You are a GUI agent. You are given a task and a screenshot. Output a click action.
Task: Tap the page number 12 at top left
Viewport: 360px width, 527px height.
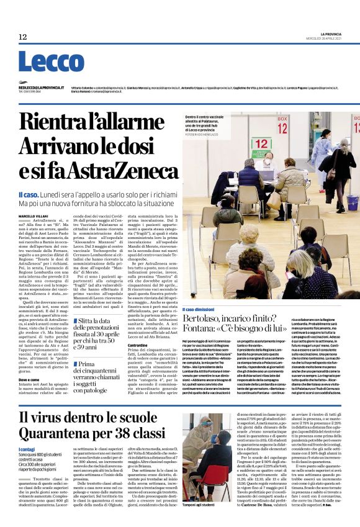pos(23,37)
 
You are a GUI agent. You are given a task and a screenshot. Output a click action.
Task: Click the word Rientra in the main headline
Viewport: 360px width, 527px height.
pos(52,122)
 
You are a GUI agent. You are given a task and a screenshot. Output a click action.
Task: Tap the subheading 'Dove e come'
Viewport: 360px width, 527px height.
pos(29,362)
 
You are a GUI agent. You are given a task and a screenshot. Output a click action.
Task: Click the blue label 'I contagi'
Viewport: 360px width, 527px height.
pos(27,449)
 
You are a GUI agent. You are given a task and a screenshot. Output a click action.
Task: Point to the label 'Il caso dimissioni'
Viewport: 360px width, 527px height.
pos(198,309)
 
